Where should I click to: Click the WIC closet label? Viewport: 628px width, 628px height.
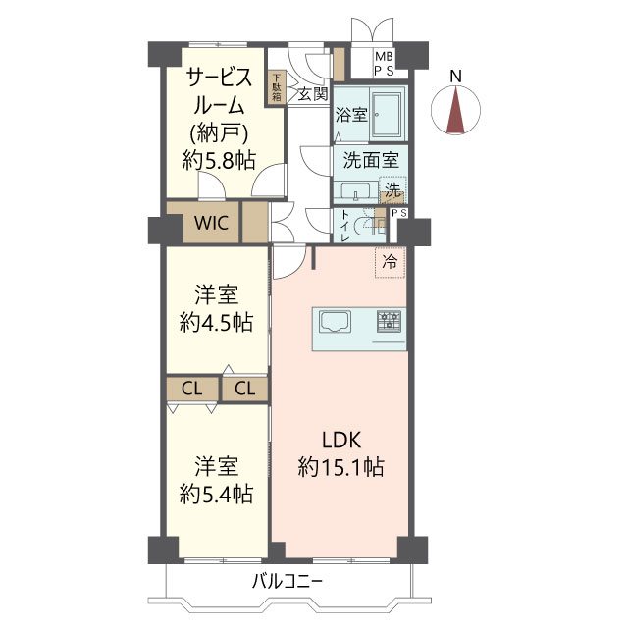point(211,223)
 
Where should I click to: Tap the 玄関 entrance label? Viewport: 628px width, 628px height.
point(313,94)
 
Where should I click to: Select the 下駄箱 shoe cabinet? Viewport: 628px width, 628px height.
point(277,87)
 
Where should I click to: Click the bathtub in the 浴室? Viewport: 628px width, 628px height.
point(387,114)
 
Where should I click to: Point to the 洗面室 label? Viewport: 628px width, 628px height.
point(371,161)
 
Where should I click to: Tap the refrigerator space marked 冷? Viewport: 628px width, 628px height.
point(390,262)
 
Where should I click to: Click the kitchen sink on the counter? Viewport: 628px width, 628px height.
point(335,322)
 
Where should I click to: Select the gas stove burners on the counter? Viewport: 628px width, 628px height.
point(389,321)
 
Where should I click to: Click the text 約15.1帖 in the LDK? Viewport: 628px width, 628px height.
point(340,467)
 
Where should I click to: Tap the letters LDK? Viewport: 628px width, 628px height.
point(341,440)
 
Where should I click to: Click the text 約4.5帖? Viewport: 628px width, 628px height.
point(216,322)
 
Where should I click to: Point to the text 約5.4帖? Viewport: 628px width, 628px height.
point(216,494)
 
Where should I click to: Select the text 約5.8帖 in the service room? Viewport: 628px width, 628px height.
point(219,161)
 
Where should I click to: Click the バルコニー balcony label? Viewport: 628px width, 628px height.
point(287,581)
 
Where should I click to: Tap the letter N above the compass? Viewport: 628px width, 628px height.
point(455,77)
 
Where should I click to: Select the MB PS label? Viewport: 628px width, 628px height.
point(384,63)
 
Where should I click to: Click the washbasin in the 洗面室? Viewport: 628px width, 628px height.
point(356,190)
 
